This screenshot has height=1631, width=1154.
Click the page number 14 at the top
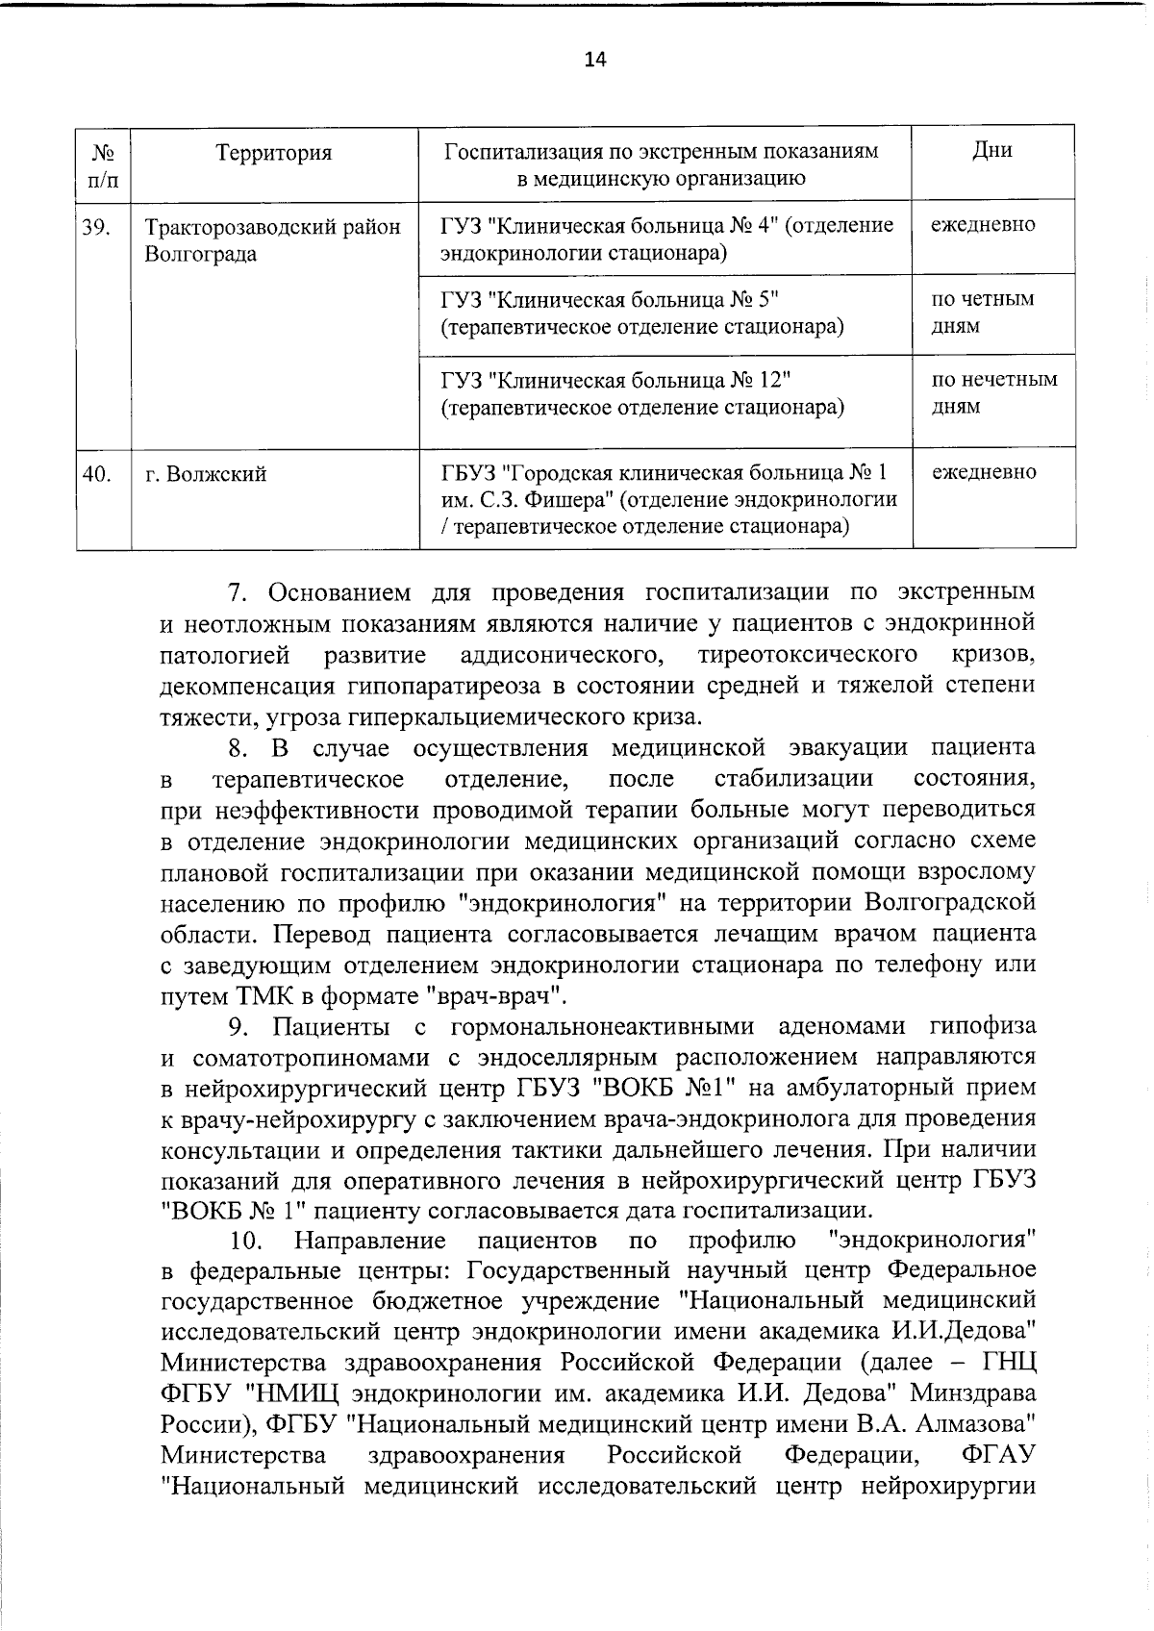point(594,60)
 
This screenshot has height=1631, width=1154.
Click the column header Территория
point(274,153)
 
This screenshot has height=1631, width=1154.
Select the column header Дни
point(991,150)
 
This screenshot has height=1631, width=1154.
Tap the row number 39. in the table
point(96,227)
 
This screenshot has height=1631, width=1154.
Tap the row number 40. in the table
point(96,473)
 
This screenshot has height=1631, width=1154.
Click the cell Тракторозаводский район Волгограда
point(272,240)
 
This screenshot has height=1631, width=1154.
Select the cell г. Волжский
point(206,474)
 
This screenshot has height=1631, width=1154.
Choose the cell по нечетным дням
point(993,392)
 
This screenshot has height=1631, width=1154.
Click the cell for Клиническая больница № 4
point(666,238)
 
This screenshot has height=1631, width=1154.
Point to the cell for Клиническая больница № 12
point(642,392)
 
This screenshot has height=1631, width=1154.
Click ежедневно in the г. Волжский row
point(984,472)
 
